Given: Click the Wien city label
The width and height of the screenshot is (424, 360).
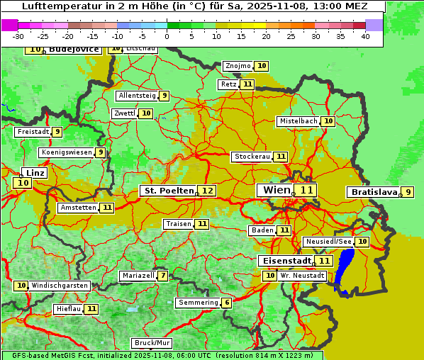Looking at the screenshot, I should [276, 190].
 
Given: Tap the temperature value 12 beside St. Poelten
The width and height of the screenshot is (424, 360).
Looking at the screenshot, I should [207, 191].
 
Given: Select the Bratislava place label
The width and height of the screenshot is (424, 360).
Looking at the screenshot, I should [372, 192].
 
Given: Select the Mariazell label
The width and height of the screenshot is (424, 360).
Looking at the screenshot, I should [138, 276].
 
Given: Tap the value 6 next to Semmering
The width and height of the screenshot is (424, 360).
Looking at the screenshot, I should [226, 303].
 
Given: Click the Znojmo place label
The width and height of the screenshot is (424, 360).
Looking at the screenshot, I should [238, 66].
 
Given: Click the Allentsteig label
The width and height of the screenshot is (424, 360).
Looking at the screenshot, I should [137, 96].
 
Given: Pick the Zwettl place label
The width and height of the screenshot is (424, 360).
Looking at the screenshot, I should [125, 113].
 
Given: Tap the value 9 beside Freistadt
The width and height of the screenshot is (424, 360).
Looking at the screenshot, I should [57, 132].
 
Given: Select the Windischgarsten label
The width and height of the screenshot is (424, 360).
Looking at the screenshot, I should [60, 286].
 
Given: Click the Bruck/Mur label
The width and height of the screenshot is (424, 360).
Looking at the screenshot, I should [152, 343].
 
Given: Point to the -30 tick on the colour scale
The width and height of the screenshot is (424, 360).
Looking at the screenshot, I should [18, 36].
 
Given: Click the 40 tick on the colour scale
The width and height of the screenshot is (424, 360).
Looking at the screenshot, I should [365, 36].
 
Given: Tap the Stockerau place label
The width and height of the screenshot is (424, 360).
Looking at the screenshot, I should [252, 157].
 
